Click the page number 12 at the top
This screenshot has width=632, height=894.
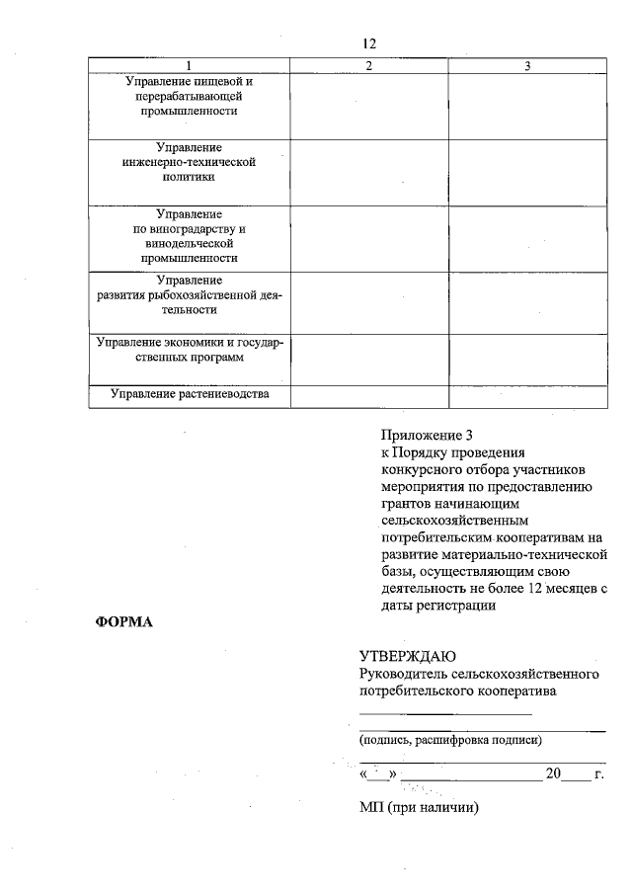pos(369,43)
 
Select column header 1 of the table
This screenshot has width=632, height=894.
pos(188,65)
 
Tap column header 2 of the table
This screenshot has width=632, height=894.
pos(368,65)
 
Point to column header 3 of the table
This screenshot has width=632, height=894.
pos(527,65)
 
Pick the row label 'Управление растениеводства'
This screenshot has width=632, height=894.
pos(189,395)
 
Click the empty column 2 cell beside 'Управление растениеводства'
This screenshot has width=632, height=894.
pos(368,395)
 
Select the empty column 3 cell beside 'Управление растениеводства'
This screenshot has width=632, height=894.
pos(527,395)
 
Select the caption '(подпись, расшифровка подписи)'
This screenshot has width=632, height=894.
pos(449,739)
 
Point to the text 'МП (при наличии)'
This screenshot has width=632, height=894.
pos(419,808)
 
